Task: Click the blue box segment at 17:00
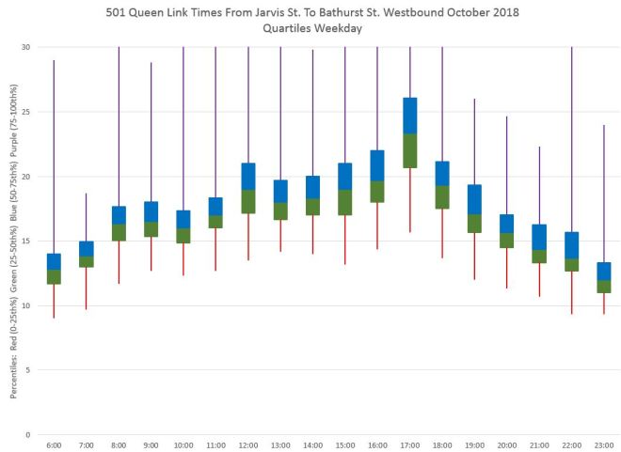409,115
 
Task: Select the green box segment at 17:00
409,150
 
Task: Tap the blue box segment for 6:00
54,261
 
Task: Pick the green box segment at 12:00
248,201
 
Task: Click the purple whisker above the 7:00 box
86,217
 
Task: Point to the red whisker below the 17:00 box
409,199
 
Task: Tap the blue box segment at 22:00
571,244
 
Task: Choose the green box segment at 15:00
345,202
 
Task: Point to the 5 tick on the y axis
29,370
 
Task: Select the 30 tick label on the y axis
26,47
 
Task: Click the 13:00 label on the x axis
280,444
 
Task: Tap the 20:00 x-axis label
507,444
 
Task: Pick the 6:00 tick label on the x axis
54,444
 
